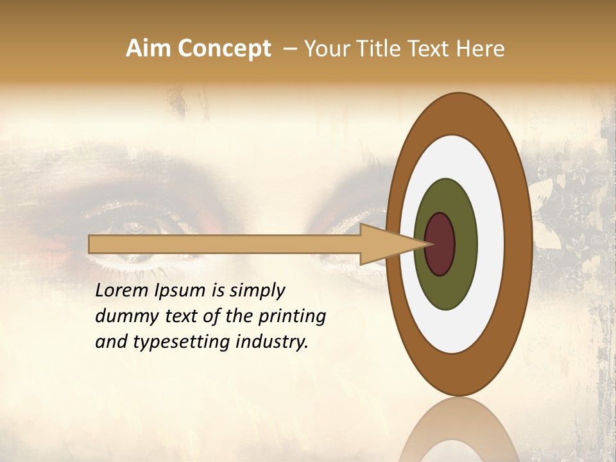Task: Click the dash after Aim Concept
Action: click(289, 49)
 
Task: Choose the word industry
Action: click(272, 342)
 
